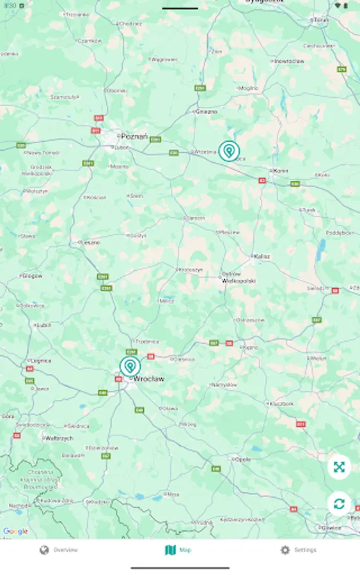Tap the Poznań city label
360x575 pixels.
click(134, 136)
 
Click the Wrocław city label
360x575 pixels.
click(148, 379)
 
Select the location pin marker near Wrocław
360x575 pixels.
click(130, 367)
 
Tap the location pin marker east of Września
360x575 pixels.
click(228, 151)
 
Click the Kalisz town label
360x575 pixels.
click(262, 256)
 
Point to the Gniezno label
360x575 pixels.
click(206, 111)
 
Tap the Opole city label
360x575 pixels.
click(243, 459)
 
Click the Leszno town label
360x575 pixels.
click(90, 242)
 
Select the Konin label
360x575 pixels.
click(281, 171)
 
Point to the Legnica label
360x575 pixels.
click(41, 360)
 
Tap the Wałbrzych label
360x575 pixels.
click(59, 438)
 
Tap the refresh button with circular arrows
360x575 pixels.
click(339, 503)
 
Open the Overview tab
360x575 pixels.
click(59, 550)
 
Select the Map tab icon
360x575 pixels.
click(170, 550)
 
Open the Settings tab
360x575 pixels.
click(298, 550)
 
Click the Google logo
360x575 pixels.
click(15, 532)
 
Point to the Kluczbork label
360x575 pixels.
click(281, 404)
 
